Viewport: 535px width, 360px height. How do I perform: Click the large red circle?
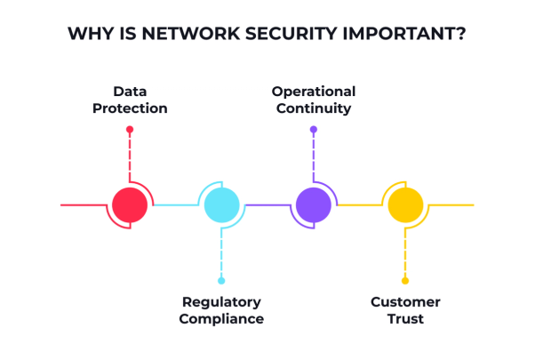tap(130, 204)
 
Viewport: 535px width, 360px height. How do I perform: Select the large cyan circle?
tap(222, 204)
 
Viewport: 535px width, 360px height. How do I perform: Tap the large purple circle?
tap(314, 204)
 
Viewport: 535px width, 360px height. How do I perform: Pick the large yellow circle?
tap(405, 204)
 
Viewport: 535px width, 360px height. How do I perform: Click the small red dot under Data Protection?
tap(130, 129)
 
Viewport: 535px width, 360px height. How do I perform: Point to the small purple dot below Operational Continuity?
tap(314, 129)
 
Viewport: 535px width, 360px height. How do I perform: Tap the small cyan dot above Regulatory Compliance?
tap(221, 281)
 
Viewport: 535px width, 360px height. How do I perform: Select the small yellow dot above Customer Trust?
tap(405, 281)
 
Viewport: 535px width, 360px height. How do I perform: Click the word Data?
tap(130, 92)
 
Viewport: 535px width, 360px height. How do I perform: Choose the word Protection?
tap(130, 108)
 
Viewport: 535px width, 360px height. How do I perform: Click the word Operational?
tap(314, 92)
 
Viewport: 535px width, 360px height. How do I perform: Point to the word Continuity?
tap(314, 108)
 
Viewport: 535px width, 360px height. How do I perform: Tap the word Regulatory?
tap(221, 302)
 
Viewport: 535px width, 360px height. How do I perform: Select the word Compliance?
tap(221, 319)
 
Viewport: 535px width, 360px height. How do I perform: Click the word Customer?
tap(405, 302)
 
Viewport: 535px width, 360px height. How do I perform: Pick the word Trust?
tap(405, 319)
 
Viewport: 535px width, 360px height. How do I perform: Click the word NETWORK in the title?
tap(191, 34)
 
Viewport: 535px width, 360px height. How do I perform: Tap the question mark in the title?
tap(461, 34)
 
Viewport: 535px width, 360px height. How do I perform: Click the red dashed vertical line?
tap(130, 157)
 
